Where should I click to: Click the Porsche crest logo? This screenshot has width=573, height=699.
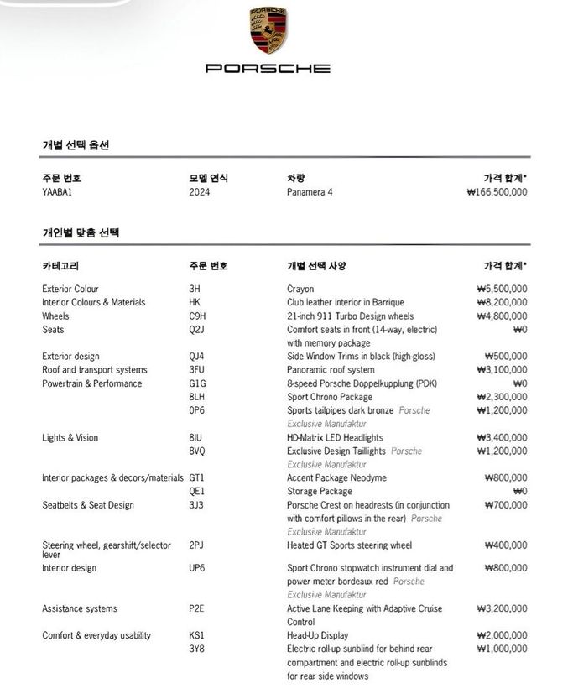[x=268, y=30]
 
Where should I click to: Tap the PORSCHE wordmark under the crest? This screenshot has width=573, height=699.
[x=268, y=68]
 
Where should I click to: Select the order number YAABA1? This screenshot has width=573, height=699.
[x=58, y=192]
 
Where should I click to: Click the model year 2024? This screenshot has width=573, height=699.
[x=200, y=192]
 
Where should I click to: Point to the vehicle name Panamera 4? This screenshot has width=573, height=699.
[x=310, y=192]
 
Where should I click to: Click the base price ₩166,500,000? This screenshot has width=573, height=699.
[x=497, y=192]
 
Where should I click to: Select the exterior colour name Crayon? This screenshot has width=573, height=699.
[x=300, y=289]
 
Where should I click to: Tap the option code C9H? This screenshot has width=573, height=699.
[x=197, y=316]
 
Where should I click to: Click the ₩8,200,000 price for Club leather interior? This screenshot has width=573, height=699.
[x=502, y=302]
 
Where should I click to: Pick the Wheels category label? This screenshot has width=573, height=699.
[x=55, y=316]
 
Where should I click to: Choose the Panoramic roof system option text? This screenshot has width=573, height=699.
[x=331, y=370]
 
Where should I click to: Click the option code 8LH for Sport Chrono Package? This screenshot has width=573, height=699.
[x=197, y=397]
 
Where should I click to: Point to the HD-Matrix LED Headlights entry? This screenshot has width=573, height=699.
[x=335, y=437]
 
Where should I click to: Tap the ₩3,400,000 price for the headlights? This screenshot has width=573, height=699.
[x=502, y=437]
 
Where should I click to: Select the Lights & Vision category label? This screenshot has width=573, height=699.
[x=70, y=437]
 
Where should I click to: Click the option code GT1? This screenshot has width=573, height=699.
[x=197, y=477]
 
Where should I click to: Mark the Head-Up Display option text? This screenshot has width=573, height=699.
[x=317, y=635]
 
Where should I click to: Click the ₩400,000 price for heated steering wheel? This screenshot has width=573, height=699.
[x=506, y=545]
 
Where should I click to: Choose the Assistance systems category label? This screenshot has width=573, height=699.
[x=80, y=608]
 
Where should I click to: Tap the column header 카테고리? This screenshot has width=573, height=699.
[x=60, y=266]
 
